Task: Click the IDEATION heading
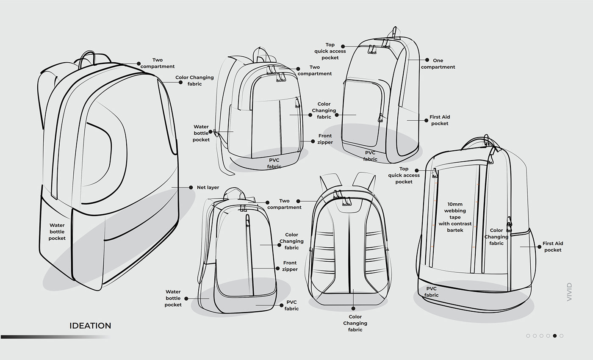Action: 90,326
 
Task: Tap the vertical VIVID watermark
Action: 569,292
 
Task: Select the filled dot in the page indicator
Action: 554,335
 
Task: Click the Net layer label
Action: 208,187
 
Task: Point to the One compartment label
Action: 438,64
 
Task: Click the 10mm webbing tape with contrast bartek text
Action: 455,217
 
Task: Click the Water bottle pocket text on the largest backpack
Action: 57,232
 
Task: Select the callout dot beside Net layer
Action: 191,187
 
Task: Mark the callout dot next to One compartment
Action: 427,60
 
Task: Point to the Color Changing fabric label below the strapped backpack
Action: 355,323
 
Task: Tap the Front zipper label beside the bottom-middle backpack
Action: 290,266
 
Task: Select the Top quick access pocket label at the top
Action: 330,51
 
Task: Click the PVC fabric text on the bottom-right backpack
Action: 431,292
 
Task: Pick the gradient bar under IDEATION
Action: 55,337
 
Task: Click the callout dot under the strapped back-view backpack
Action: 353,308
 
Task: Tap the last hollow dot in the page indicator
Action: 561,335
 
